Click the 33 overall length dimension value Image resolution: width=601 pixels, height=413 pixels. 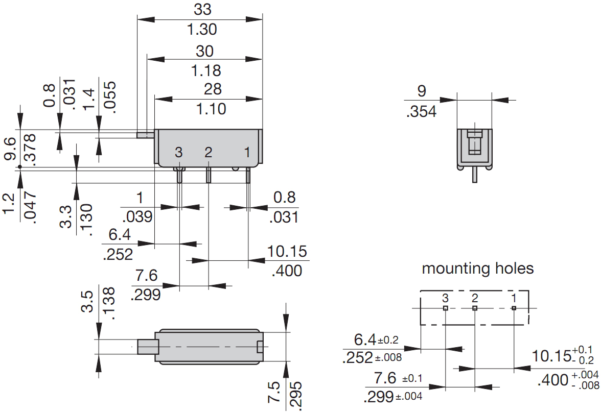pos(202,10)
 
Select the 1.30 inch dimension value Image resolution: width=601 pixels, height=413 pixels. pos(202,30)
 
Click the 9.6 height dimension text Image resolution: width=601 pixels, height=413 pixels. pos(11,149)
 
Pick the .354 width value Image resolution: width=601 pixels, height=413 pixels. pos(422,111)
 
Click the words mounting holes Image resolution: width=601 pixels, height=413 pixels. pos(477,269)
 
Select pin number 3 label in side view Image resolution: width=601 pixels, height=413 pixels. pos(178,152)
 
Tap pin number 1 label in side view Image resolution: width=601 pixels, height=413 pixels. pos(247,152)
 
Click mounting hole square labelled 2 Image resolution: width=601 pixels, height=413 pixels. pos(475,308)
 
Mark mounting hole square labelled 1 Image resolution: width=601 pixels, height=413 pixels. pos(514,308)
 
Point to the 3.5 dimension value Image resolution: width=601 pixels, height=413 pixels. pos(87,302)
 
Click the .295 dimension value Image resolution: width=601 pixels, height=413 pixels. pos(296,394)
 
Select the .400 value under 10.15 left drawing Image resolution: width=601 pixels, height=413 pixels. pos(287,270)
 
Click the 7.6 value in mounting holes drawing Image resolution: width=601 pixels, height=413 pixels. pos(385,378)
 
